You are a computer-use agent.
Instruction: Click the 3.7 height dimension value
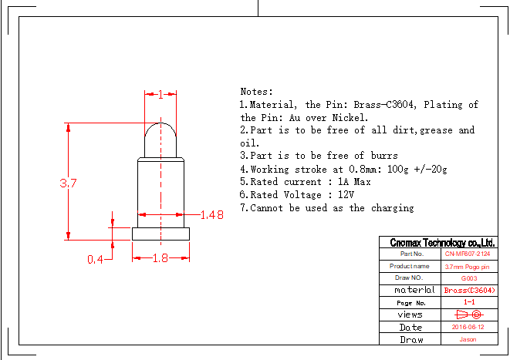[x=69, y=183]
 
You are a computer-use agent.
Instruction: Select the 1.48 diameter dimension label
[x=211, y=215]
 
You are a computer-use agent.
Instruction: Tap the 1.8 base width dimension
[x=160, y=259]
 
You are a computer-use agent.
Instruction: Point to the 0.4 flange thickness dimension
[x=95, y=260]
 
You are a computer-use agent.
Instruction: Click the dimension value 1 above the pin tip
[x=160, y=95]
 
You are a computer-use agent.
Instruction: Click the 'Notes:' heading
[x=257, y=91]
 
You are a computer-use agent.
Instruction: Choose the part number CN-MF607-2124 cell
[x=468, y=254]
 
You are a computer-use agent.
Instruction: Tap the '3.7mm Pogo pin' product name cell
[x=468, y=266]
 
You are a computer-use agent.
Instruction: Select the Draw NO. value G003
[x=468, y=278]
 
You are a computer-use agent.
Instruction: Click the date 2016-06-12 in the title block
[x=468, y=327]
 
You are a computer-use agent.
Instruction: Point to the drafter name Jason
[x=468, y=339]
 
